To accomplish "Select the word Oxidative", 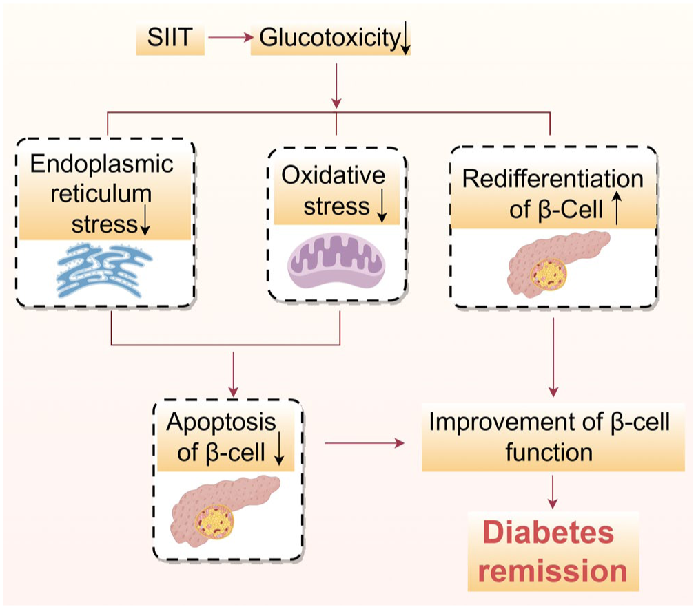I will [x=333, y=175].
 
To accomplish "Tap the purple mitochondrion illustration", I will [x=336, y=262].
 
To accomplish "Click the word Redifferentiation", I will [x=551, y=180].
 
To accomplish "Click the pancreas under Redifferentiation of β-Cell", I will [x=556, y=263].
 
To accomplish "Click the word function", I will [x=549, y=453].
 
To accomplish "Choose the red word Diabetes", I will [x=547, y=534].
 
